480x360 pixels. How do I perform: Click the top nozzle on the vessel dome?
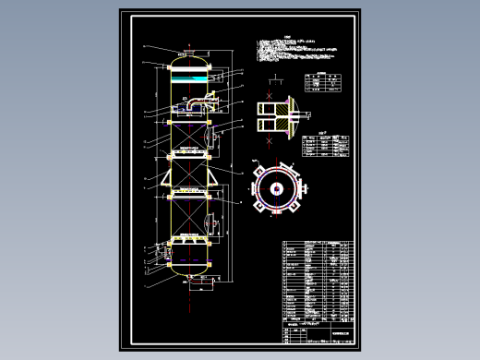pos(188,48)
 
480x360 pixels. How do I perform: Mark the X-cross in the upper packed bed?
pos(188,136)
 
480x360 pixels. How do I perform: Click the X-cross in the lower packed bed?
pos(188,218)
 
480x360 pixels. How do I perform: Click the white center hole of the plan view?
pos(276,188)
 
